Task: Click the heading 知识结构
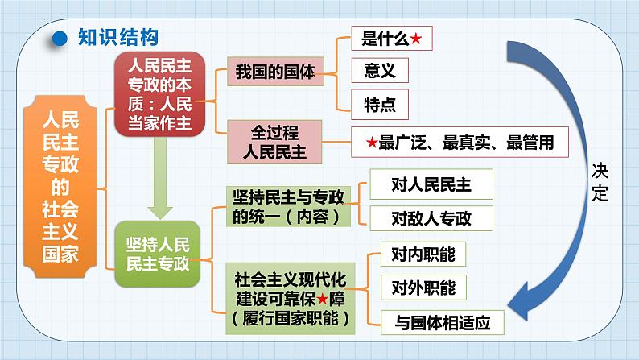coord(117,38)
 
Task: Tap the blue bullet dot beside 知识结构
coord(58,38)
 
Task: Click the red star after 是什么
coord(415,39)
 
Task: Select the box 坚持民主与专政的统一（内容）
coord(287,206)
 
